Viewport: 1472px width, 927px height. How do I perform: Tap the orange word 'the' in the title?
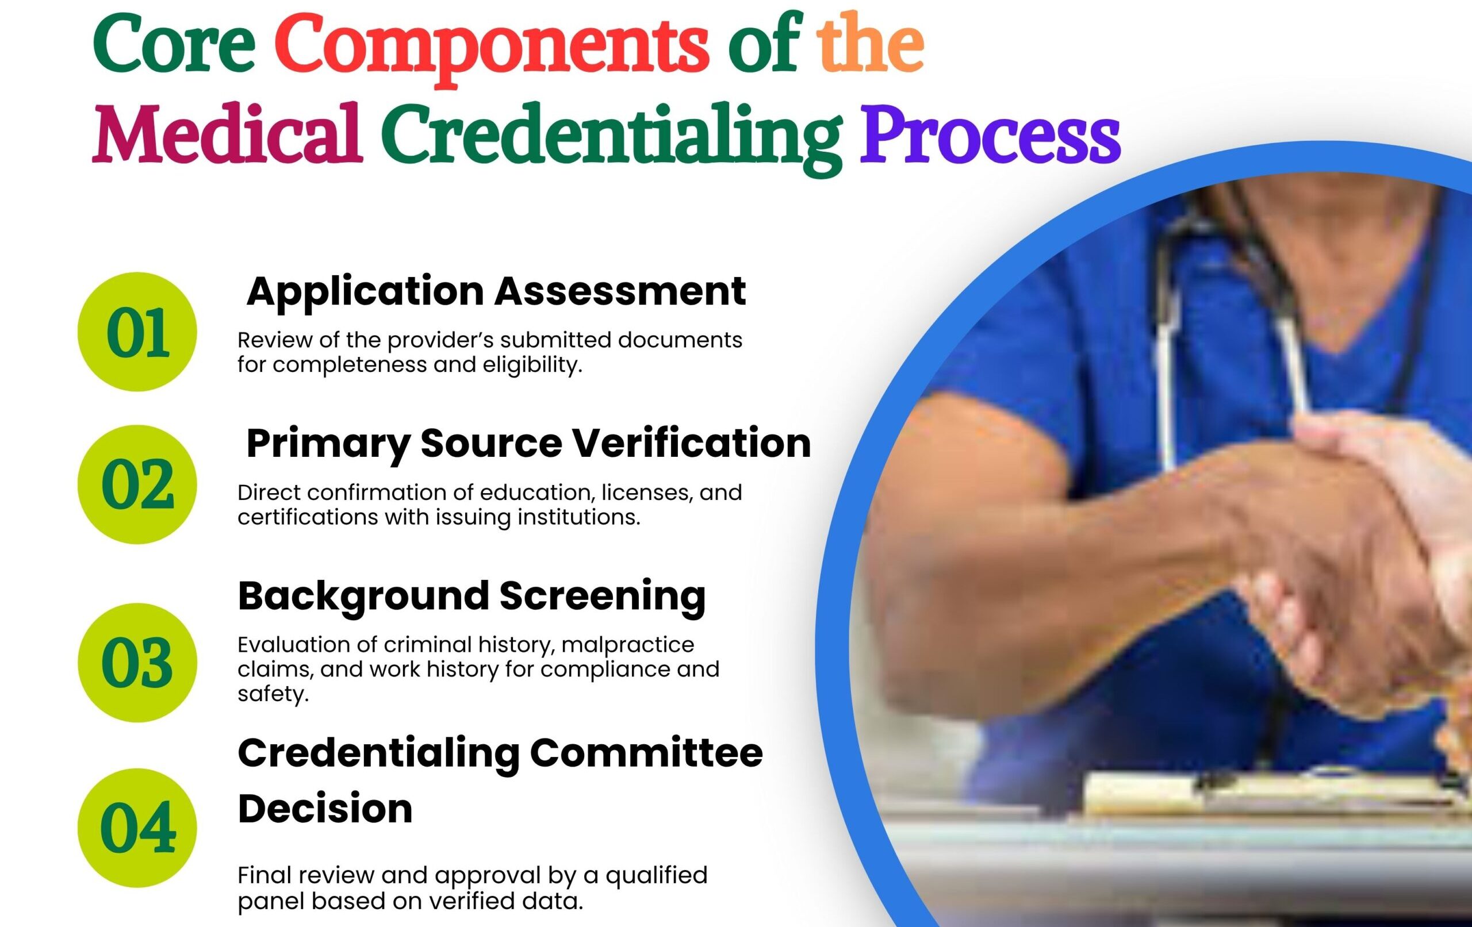[x=871, y=42]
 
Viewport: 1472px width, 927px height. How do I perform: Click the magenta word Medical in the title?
[x=227, y=134]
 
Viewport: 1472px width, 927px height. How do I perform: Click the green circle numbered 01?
[x=137, y=332]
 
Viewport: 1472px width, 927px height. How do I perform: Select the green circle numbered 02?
[x=137, y=484]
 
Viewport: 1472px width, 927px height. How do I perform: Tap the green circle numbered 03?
[x=137, y=663]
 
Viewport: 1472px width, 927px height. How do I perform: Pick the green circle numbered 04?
[x=137, y=828]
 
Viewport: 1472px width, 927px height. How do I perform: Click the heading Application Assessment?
[x=496, y=292]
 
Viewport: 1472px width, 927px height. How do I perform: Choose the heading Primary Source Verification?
[x=528, y=444]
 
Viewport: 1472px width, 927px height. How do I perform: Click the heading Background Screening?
[x=471, y=597]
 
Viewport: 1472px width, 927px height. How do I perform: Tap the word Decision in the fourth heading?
[x=325, y=809]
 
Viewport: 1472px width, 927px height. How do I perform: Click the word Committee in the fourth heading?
[x=646, y=753]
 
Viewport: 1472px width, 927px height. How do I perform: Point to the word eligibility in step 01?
[x=532, y=366]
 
